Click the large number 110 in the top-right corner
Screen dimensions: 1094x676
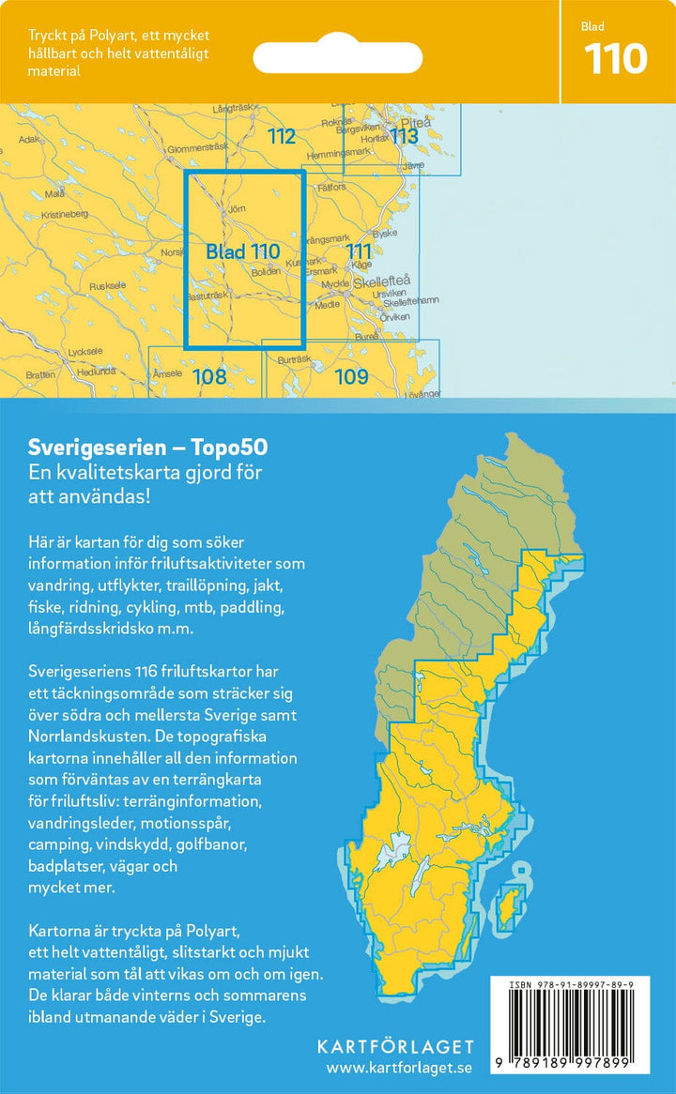[x=616, y=59]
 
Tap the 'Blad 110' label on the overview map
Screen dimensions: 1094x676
[x=242, y=251]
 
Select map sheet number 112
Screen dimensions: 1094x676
[x=281, y=137]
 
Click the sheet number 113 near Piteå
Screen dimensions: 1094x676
[x=404, y=137]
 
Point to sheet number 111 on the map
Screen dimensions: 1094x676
[x=359, y=251]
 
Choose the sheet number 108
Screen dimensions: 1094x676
[x=209, y=377]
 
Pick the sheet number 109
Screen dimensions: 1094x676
[x=350, y=378]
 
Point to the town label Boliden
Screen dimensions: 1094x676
[x=266, y=272]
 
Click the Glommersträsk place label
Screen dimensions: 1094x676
[x=197, y=148]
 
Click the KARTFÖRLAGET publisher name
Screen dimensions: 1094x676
[x=395, y=1046]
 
